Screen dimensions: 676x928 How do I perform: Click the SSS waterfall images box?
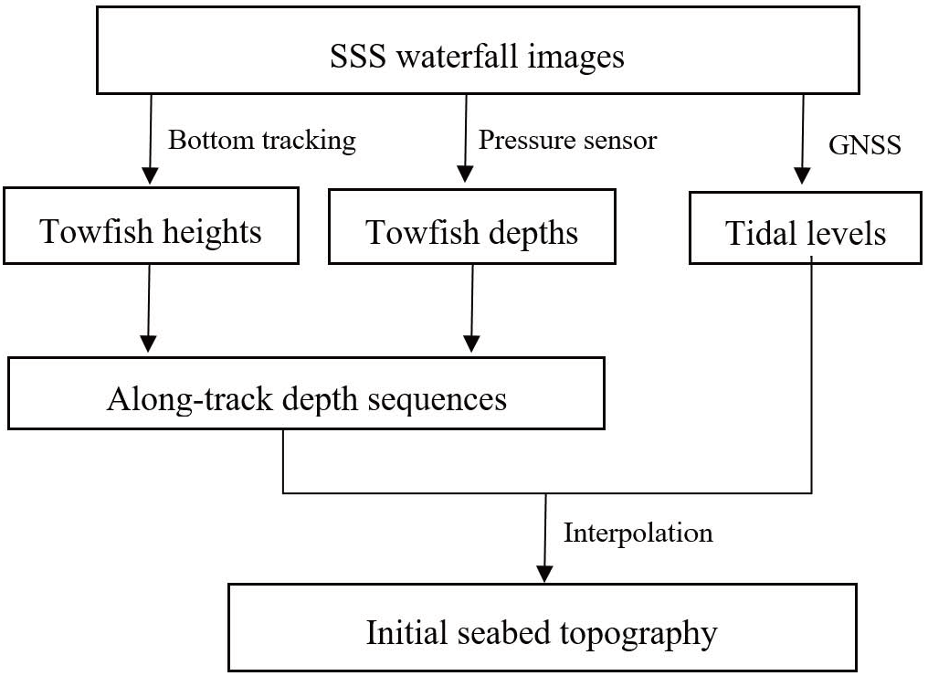[477, 57]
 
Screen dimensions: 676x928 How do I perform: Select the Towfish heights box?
[151, 231]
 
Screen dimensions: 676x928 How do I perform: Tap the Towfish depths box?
[472, 231]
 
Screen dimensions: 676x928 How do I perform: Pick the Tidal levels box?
[805, 233]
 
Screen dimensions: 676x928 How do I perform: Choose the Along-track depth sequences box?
[306, 398]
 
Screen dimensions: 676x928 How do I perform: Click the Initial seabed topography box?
[542, 633]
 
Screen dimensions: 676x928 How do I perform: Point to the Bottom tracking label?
[261, 140]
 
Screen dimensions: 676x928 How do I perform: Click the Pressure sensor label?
[567, 140]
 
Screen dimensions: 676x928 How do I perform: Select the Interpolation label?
[638, 533]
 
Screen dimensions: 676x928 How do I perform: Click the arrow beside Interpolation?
[546, 539]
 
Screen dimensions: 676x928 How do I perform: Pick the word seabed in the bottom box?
[524, 633]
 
